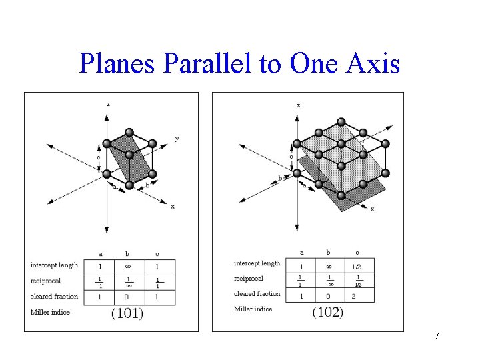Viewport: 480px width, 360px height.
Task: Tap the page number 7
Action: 437,336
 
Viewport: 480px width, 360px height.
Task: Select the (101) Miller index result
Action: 127,313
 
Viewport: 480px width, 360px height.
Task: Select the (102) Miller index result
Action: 328,312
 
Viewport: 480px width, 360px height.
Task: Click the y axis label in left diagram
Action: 177,138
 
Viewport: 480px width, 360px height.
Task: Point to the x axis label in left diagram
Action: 173,206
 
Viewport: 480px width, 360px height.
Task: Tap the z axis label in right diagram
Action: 298,105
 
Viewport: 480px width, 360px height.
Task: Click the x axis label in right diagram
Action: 372,209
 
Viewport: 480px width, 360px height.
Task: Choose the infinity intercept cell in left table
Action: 129,266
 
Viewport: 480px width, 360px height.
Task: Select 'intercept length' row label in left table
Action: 55,265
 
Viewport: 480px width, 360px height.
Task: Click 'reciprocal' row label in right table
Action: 249,279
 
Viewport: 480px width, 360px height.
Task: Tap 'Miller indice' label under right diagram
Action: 253,309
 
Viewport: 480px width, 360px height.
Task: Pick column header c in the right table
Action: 357,253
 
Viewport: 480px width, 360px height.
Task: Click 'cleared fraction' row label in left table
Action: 55,297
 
